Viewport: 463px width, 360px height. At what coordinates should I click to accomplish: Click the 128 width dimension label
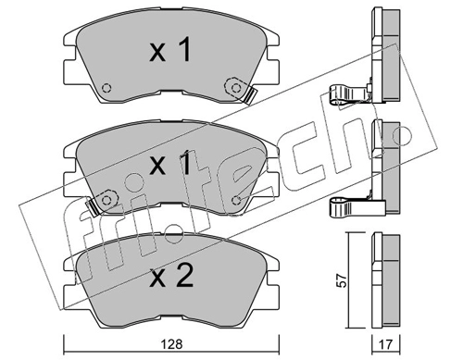click(171, 344)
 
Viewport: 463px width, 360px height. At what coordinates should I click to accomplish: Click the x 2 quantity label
click(171, 276)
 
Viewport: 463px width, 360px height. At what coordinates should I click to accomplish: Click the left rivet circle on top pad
click(106, 88)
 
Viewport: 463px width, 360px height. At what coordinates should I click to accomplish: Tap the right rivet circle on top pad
click(236, 88)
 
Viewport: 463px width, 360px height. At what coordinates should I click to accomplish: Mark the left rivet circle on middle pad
click(106, 201)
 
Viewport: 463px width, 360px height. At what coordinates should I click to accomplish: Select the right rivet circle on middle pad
click(236, 201)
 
